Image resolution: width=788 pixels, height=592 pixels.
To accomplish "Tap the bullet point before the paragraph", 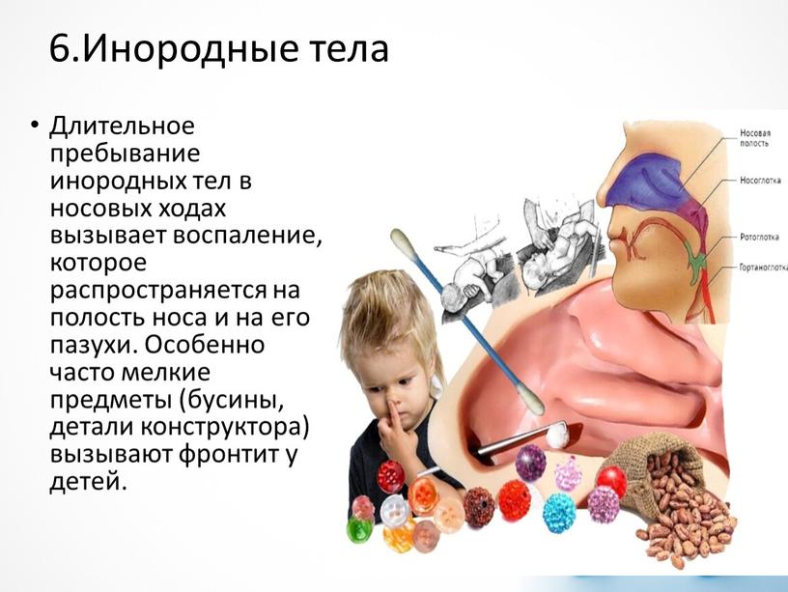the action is (34, 124).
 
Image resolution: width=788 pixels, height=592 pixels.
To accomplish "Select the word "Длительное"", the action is (122, 126).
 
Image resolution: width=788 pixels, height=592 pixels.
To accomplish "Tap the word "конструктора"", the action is (225, 428).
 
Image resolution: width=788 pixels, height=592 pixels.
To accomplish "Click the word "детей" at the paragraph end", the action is (86, 482).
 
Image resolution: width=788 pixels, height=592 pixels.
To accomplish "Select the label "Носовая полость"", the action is (754, 138).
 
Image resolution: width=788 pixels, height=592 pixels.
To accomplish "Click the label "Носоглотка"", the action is (760, 181).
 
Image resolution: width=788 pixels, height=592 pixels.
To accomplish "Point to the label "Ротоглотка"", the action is (759, 237).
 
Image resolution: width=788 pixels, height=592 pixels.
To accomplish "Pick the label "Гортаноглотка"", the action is (763, 268).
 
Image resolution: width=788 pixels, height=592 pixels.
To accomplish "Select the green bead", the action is (360, 528).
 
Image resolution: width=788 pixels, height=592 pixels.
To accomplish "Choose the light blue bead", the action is (559, 512).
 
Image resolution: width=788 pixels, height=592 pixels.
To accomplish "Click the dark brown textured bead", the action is (478, 507).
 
